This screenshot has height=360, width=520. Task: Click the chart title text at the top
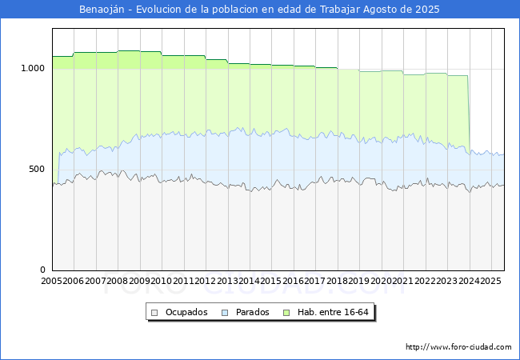(x=259, y=10)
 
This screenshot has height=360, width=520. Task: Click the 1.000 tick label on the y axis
(x=33, y=68)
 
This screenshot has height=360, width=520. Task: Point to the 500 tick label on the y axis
(x=38, y=169)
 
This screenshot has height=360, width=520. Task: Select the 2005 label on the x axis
(x=52, y=281)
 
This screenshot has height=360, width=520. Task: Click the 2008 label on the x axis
(x=118, y=281)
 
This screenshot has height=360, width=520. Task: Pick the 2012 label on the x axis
(x=205, y=281)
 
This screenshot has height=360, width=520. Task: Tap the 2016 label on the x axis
(x=293, y=281)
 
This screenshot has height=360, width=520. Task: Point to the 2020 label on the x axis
(x=381, y=281)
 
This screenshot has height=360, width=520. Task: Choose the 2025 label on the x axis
(x=490, y=281)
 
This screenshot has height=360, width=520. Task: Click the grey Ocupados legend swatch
(x=155, y=312)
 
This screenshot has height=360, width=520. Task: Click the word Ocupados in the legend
(x=186, y=312)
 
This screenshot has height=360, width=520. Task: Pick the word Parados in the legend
(x=252, y=312)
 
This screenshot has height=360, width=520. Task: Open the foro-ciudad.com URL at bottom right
(x=458, y=347)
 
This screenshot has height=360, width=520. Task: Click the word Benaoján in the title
(x=105, y=10)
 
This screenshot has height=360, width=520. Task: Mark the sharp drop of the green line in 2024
(x=469, y=112)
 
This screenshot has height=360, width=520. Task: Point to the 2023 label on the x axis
(x=446, y=281)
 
